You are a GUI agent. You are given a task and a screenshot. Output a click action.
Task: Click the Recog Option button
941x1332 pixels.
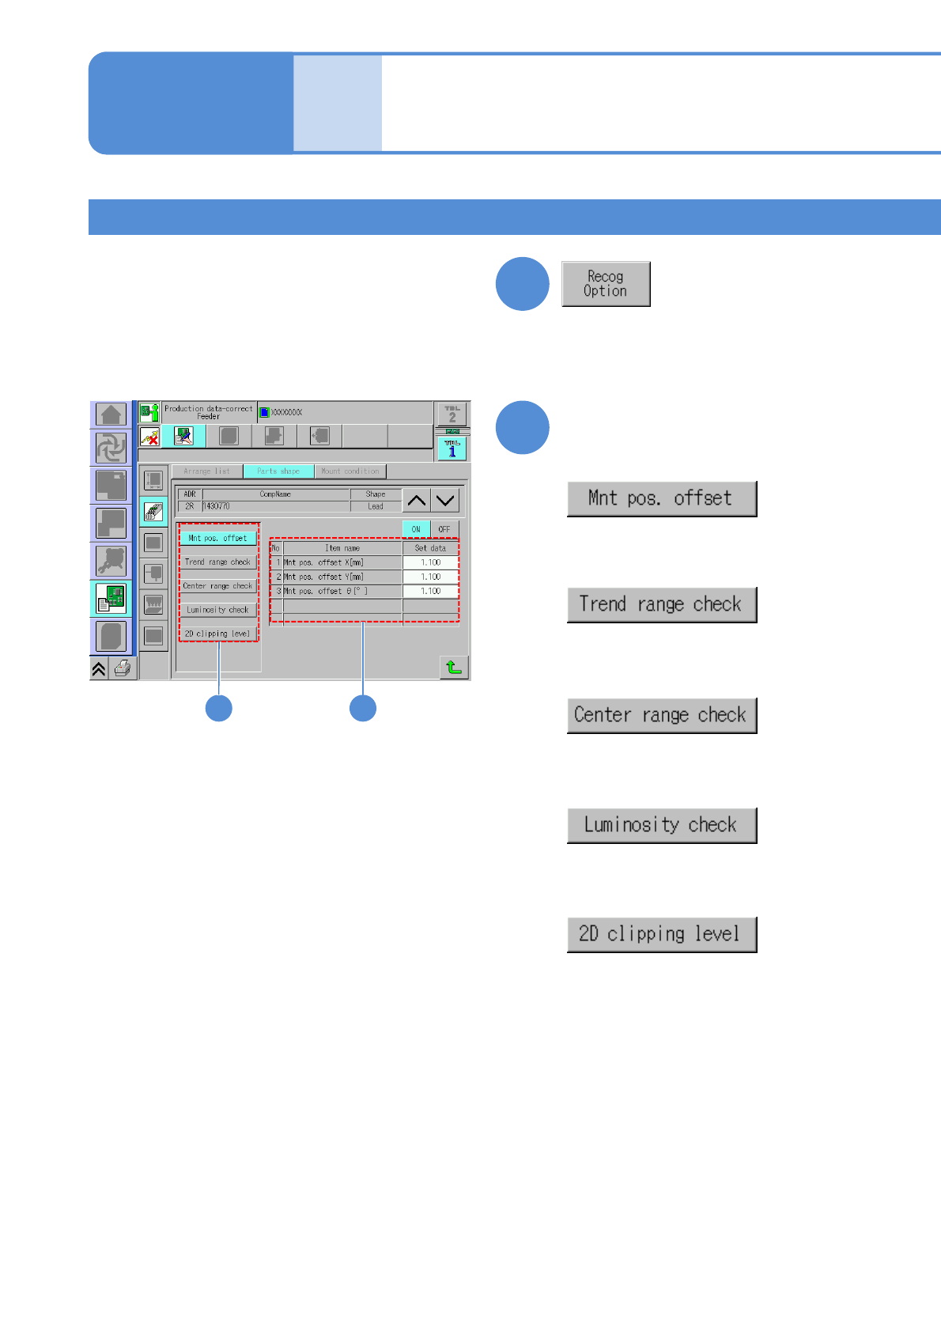pyautogui.click(x=606, y=284)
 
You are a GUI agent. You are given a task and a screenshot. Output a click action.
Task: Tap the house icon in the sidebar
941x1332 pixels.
pyautogui.click(x=111, y=414)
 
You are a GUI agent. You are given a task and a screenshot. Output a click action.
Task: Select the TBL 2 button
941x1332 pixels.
pyautogui.click(x=452, y=414)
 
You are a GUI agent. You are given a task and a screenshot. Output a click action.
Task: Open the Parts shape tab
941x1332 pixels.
pyautogui.click(x=278, y=471)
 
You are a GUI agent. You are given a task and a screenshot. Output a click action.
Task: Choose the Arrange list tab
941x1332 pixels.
pyautogui.click(x=207, y=471)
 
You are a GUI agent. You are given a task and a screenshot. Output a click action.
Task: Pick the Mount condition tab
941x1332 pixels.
pyautogui.click(x=350, y=471)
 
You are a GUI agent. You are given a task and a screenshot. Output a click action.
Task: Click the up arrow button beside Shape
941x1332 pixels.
pyautogui.click(x=417, y=501)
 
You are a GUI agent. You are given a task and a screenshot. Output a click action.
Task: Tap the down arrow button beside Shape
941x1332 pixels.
pyautogui.click(x=445, y=501)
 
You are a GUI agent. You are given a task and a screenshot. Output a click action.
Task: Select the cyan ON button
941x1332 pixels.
pyautogui.click(x=416, y=529)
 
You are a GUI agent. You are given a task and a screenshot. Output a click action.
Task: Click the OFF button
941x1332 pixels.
pyautogui.click(x=444, y=529)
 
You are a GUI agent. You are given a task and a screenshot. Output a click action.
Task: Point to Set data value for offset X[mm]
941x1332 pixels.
pyautogui.click(x=430, y=563)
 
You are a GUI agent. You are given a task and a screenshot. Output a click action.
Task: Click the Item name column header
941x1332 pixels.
pyautogui.click(x=342, y=548)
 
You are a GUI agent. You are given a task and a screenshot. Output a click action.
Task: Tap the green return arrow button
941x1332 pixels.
pyautogui.click(x=454, y=668)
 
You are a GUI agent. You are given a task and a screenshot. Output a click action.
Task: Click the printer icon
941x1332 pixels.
pyautogui.click(x=123, y=668)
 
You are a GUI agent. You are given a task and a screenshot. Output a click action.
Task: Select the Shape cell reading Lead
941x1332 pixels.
pyautogui.click(x=376, y=506)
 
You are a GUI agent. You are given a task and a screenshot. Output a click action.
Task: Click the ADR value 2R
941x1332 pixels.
pyautogui.click(x=190, y=506)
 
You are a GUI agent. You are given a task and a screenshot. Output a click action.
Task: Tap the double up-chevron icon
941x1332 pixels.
pyautogui.click(x=99, y=669)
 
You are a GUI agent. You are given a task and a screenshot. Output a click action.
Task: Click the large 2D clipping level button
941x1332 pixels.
pyautogui.click(x=662, y=934)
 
